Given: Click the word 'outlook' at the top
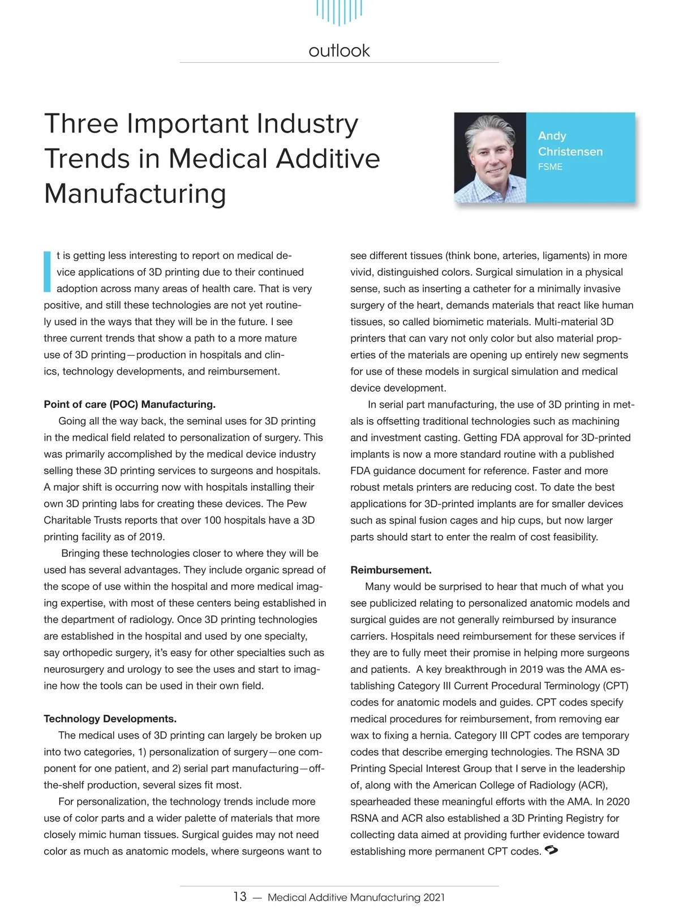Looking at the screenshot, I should (339, 51).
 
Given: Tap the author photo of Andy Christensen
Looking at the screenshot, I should (490, 157).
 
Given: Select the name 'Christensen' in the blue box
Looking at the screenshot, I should (570, 151).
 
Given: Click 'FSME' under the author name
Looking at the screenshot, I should (549, 167).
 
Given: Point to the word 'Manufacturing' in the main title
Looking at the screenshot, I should (135, 194).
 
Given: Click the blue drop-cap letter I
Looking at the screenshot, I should (47, 271).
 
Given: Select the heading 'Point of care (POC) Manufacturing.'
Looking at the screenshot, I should (130, 404).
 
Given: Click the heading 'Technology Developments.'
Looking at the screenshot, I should (110, 719).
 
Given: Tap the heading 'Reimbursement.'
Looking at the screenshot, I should (391, 570).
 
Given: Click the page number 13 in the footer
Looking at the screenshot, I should (240, 897).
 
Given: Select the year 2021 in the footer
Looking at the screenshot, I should (433, 897).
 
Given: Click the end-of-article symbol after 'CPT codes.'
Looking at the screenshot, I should (551, 850).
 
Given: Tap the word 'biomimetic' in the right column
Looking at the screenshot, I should (458, 322).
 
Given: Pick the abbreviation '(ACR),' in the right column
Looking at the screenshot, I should (593, 785).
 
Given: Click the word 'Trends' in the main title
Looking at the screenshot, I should (88, 159).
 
